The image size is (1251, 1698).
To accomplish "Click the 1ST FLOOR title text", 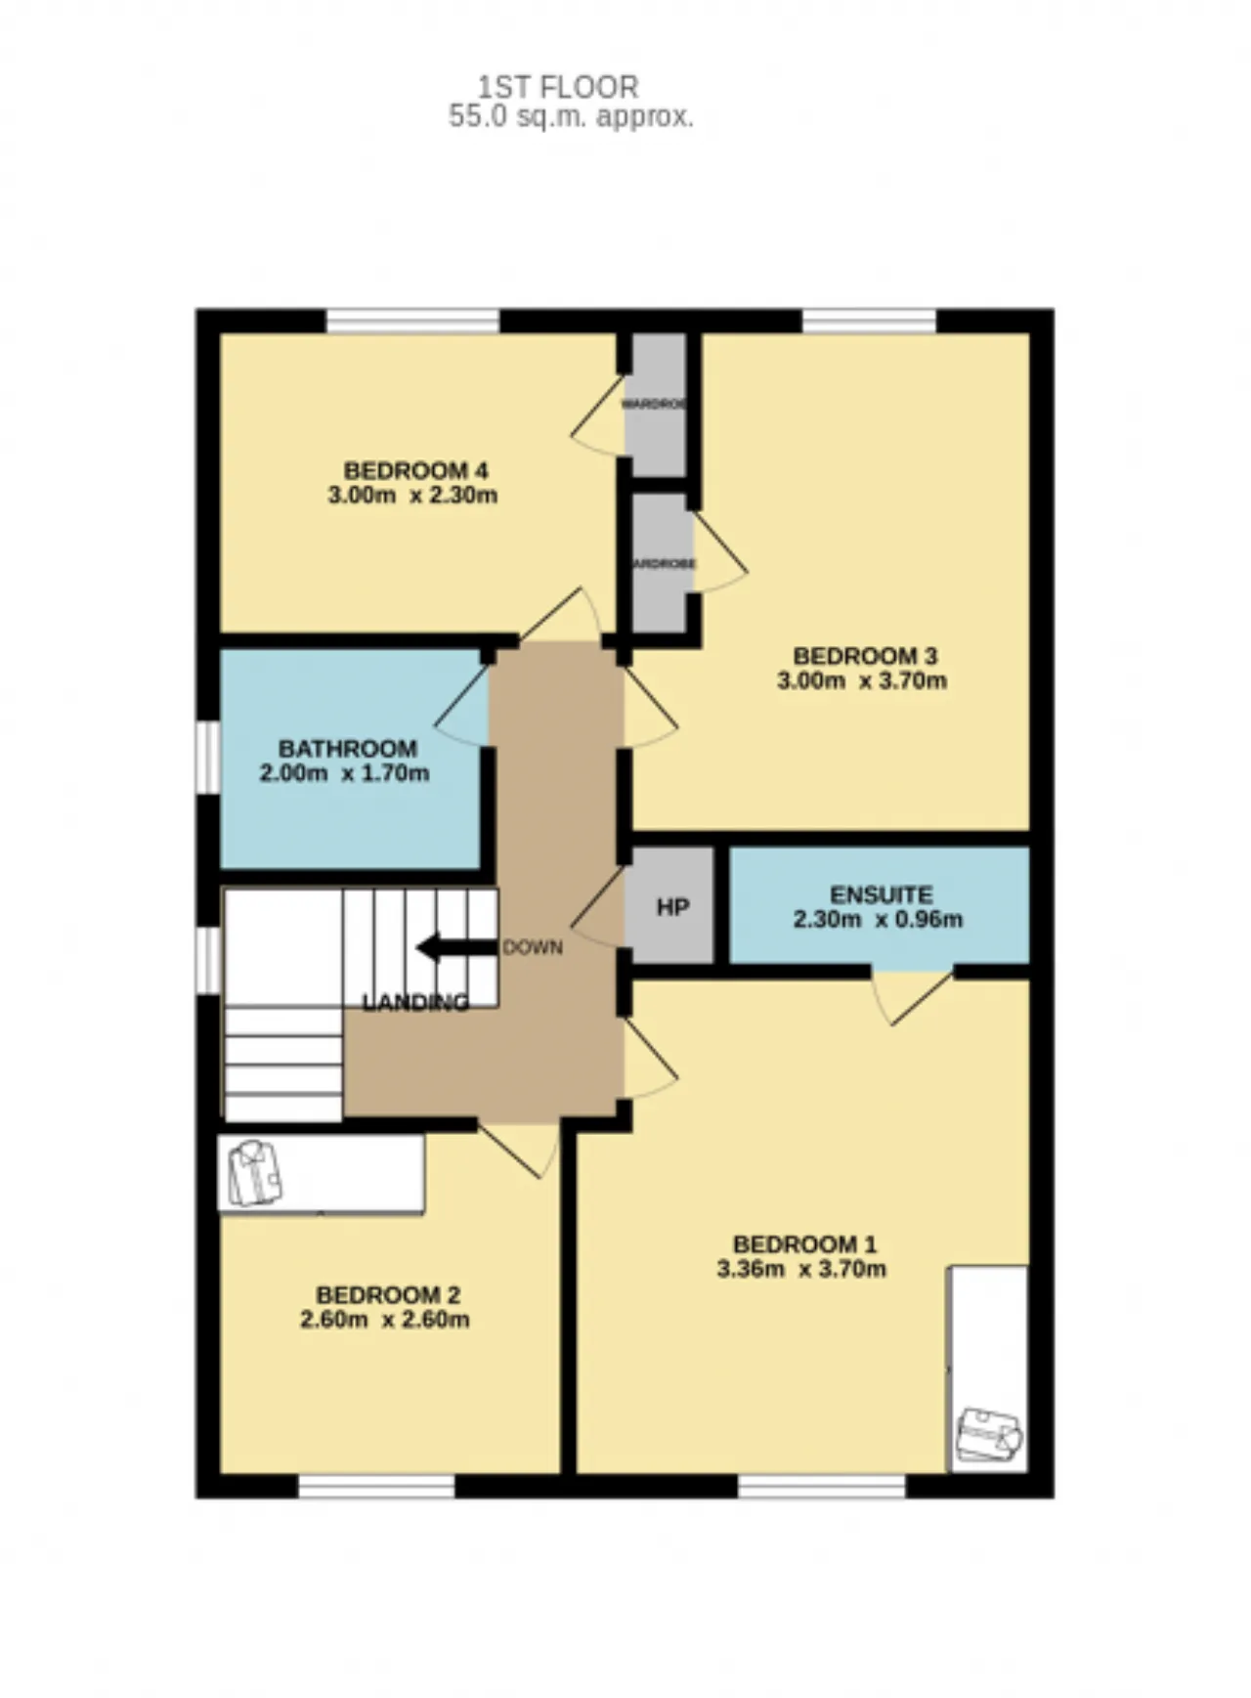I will (x=558, y=87).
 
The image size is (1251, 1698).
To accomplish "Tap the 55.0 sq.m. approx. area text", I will (x=571, y=117).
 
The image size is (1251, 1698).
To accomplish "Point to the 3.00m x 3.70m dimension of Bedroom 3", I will (x=861, y=680).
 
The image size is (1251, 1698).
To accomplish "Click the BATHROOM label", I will (x=347, y=749).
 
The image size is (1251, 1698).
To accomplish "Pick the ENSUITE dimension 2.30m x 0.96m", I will (x=877, y=919).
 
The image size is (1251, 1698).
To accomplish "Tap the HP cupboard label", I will (x=672, y=907).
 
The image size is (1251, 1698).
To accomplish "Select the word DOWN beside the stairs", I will (x=533, y=947).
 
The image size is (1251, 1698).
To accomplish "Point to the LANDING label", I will (x=415, y=1002).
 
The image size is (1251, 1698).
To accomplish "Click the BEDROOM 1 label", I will (x=804, y=1244).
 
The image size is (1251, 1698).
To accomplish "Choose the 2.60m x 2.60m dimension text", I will (x=384, y=1320).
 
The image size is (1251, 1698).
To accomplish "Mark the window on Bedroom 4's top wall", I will (x=412, y=321).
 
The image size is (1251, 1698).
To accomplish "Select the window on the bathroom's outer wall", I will (x=207, y=757).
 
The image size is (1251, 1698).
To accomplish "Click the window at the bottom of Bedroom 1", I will (x=821, y=1487).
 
